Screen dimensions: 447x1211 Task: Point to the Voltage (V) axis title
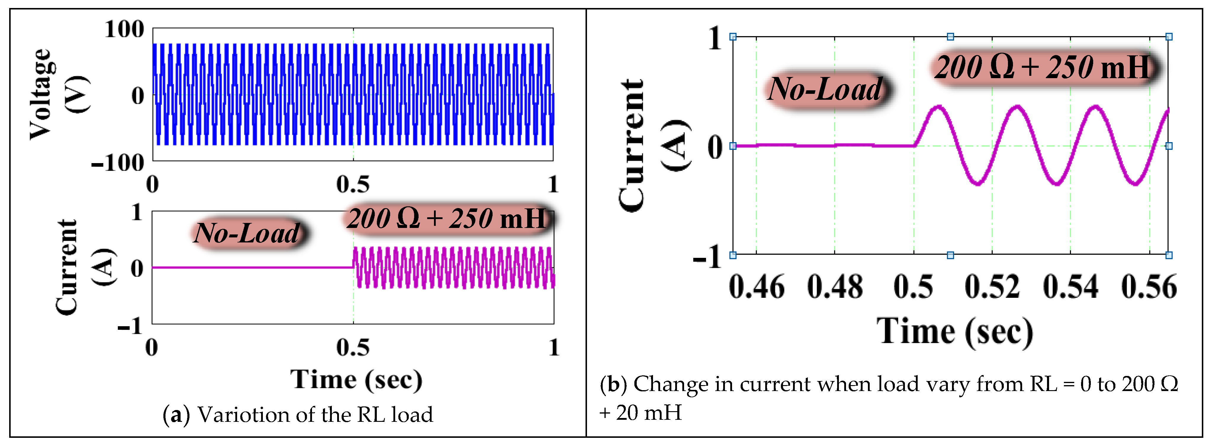[59, 94]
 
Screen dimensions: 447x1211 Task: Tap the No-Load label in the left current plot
[247, 233]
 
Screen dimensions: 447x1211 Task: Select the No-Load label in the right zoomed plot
[825, 89]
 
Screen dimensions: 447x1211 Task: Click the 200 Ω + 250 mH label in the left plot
[447, 218]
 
